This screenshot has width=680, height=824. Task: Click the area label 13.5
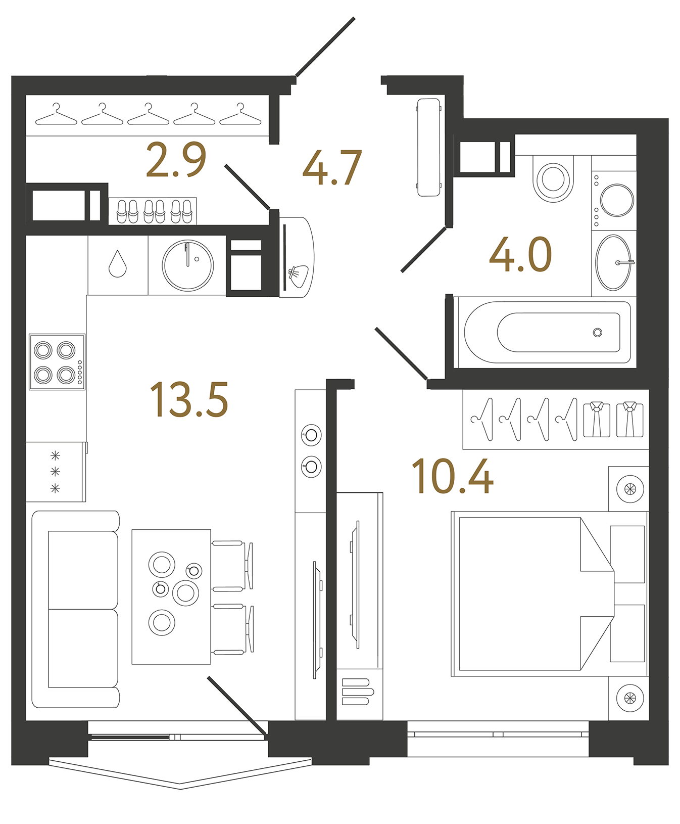coord(189,400)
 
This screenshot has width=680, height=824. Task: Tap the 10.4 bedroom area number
coord(452,477)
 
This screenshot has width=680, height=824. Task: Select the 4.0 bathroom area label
coord(520,254)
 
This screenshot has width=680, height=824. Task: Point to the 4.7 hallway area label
coord(332,167)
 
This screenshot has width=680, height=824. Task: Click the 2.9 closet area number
coord(176,160)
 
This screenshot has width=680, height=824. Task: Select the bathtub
coord(548,332)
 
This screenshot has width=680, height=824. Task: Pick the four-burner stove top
coord(57,361)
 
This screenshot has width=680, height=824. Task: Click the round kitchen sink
coord(188,265)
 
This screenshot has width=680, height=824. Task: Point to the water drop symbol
coord(118,264)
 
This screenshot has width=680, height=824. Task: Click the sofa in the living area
coord(76,609)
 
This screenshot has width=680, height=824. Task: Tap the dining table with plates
coord(171,597)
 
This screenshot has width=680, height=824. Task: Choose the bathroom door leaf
coord(423,250)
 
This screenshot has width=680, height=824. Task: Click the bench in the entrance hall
coord(429,147)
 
